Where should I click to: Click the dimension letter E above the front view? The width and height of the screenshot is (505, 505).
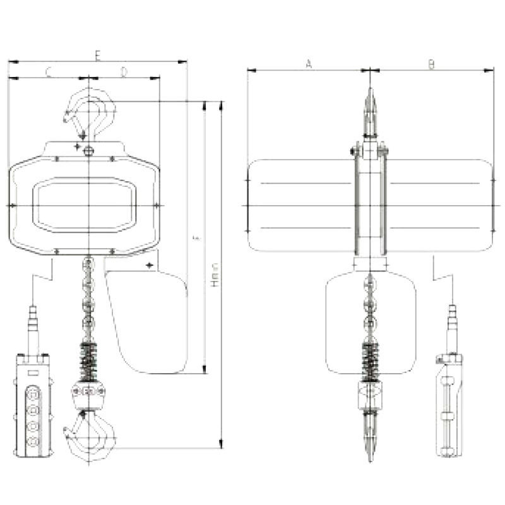[x=97, y=56]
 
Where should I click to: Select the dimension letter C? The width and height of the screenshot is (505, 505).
[x=48, y=73]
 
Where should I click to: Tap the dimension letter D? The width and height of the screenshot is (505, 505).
[x=124, y=73]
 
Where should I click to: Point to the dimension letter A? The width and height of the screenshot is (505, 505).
[x=308, y=63]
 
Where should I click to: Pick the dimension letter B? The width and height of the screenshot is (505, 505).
[x=431, y=63]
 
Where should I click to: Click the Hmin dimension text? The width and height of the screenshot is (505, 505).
[x=215, y=276]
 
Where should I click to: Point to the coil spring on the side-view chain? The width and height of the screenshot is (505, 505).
[x=370, y=360]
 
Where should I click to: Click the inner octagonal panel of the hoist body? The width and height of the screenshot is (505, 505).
[x=83, y=206]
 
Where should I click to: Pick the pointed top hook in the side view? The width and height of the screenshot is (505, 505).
[x=370, y=110]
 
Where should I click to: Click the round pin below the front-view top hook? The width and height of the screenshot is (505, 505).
[x=89, y=150]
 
